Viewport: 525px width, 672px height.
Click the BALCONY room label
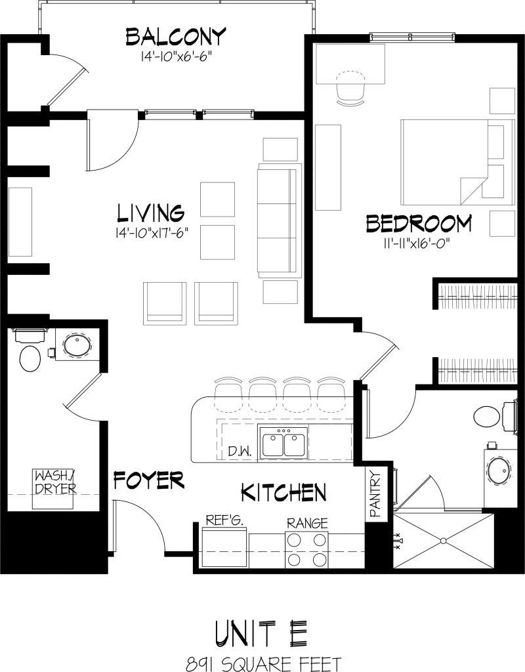176,37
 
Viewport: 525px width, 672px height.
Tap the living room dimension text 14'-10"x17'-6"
157,232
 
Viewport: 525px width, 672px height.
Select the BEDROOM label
419,224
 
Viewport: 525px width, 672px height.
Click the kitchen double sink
283,443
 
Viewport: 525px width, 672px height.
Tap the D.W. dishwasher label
240,451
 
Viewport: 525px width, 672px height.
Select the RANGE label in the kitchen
306,523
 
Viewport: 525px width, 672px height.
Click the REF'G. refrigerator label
224,520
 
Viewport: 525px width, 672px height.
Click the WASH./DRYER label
54,482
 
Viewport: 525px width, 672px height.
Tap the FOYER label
148,480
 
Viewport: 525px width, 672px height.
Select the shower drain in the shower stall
443,541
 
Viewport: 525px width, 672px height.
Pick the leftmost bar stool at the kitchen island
228,390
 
